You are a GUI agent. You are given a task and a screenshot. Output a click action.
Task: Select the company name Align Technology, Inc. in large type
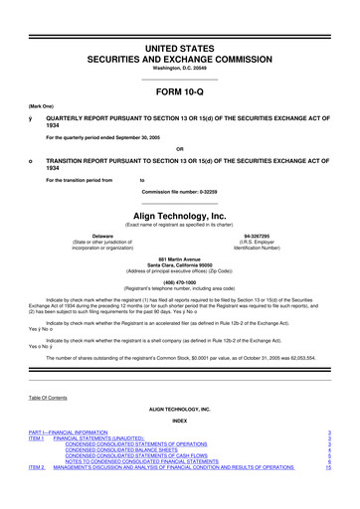click(x=179, y=213)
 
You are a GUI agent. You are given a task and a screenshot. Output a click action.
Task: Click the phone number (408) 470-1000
click(x=179, y=280)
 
